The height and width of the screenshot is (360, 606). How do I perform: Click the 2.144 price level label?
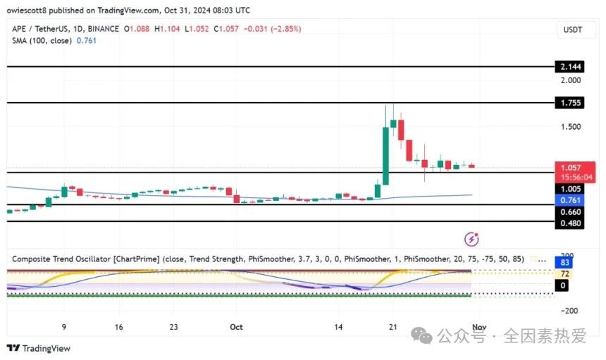[x=569, y=66]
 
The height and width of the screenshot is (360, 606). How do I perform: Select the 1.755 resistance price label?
[x=569, y=103]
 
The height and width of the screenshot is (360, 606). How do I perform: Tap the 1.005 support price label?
[x=569, y=189]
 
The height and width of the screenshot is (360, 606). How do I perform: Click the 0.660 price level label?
[x=569, y=212]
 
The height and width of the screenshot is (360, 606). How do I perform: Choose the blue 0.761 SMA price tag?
[x=569, y=200]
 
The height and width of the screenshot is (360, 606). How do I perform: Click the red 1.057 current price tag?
[x=569, y=168]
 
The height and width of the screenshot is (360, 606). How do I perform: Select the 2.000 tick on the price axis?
[x=569, y=80]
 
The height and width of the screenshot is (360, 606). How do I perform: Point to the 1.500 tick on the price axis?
[x=569, y=127]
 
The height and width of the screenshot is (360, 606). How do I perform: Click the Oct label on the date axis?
[x=236, y=327]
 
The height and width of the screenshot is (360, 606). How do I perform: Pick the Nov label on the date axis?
[x=478, y=327]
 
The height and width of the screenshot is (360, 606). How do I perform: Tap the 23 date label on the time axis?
[x=174, y=327]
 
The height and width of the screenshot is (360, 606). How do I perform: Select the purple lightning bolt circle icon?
[x=473, y=239]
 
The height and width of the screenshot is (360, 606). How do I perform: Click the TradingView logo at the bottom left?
[x=39, y=348]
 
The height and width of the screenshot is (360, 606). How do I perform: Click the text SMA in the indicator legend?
[x=21, y=41]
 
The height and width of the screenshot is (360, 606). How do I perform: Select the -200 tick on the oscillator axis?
[x=569, y=311]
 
